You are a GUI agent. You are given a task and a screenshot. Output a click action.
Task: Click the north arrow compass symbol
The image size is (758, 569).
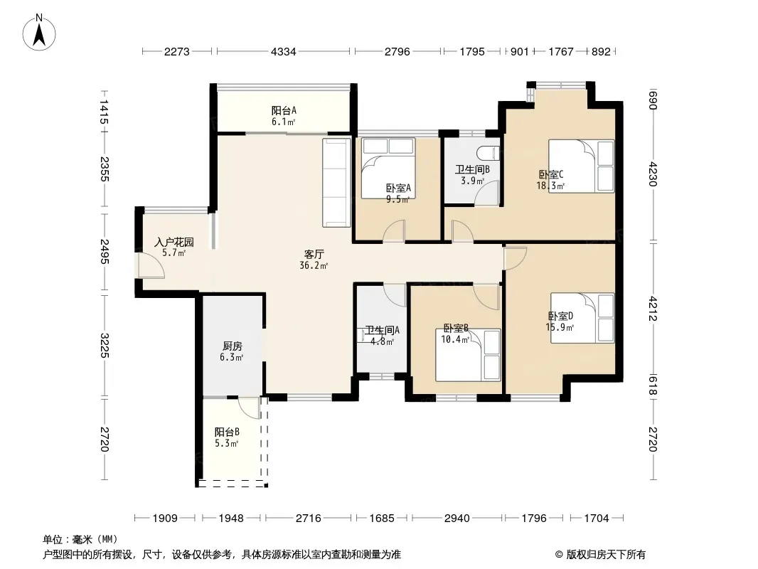pyautogui.click(x=39, y=32)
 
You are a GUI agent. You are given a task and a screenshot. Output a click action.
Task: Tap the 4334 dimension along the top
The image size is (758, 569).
pyautogui.click(x=283, y=52)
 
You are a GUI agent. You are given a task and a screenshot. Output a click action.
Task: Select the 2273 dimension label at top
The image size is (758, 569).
pyautogui.click(x=177, y=52)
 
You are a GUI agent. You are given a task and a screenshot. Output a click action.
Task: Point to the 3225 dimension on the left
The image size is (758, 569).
pyautogui.click(x=104, y=346)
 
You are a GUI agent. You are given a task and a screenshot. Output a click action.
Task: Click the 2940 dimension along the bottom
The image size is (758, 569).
pyautogui.click(x=457, y=519)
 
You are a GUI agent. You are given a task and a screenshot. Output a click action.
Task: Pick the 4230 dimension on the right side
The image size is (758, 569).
pyautogui.click(x=653, y=174)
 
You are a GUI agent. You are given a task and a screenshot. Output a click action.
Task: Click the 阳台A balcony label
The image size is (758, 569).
pyautogui.click(x=284, y=111)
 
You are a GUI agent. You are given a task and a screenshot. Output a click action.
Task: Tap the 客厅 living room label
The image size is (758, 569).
pyautogui.click(x=314, y=255)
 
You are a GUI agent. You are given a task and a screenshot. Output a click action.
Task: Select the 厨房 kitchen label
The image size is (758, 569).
pyautogui.click(x=232, y=346)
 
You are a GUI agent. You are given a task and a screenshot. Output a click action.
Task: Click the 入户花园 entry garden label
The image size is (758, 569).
pyautogui.click(x=174, y=242)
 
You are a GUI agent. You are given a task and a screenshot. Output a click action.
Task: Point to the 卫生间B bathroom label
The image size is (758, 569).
pyautogui.click(x=472, y=170)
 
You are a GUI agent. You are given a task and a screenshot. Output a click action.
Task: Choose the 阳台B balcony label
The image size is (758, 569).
pyautogui.click(x=227, y=432)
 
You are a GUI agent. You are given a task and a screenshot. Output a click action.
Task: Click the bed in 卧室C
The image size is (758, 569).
pyautogui.click(x=581, y=166)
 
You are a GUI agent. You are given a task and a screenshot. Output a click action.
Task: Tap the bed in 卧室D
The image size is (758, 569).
pyautogui.click(x=582, y=318)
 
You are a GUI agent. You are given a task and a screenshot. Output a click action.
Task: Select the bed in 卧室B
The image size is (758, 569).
pyautogui.click(x=468, y=356)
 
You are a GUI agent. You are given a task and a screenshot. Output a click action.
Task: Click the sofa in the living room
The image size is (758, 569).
pyautogui.click(x=336, y=183)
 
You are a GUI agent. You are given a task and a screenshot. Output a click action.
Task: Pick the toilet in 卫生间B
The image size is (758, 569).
pyautogui.click(x=488, y=153)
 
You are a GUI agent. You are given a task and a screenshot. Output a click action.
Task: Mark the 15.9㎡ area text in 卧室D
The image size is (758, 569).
pyautogui.click(x=560, y=327)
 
